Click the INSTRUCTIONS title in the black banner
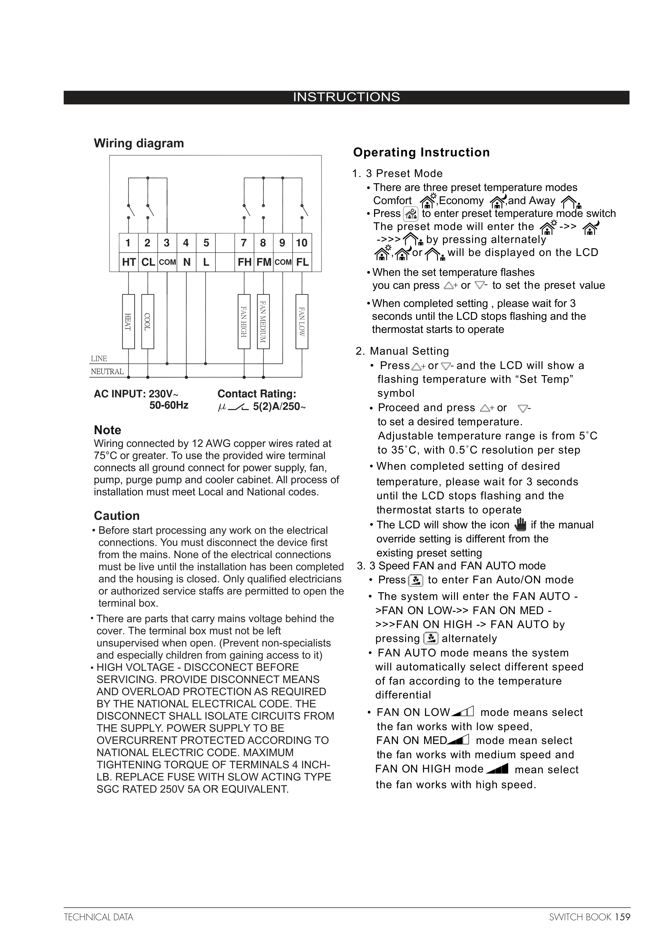coord(346,97)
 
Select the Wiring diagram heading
coord(139,143)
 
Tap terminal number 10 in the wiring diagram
coord(302,243)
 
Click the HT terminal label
coord(129,262)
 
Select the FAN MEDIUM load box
coord(263,321)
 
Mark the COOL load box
coord(148,321)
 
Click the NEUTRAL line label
coord(107,372)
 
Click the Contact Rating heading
coord(257,394)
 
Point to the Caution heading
coord(117,516)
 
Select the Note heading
coord(108,430)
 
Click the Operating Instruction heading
coord(421,152)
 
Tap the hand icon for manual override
coord(521,524)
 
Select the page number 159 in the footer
coord(622,917)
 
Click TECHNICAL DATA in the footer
coord(99,917)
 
